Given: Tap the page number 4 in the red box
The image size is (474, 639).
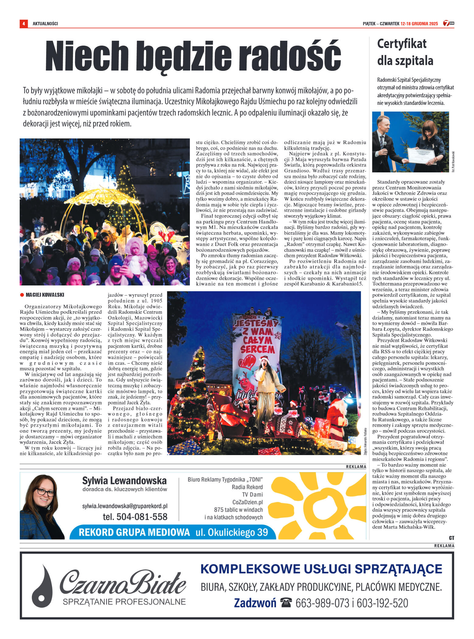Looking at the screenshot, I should (x=23, y=23).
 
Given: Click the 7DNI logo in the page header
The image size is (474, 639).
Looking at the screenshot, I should (x=448, y=23).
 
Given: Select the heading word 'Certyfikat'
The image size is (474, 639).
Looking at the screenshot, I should (x=402, y=44).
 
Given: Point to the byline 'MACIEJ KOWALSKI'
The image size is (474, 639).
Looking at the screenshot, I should (x=45, y=295).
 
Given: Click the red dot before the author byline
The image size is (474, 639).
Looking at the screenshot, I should (x=22, y=295).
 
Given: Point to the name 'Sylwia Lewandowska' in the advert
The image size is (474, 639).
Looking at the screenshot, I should (x=124, y=481).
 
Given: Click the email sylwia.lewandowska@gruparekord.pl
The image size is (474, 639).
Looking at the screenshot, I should (x=125, y=506).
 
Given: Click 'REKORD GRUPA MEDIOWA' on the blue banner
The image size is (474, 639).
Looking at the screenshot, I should (x=134, y=532).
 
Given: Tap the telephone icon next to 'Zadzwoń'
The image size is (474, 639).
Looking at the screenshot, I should (x=286, y=602).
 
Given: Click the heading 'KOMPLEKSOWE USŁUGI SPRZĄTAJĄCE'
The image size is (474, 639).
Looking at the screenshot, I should (x=321, y=569).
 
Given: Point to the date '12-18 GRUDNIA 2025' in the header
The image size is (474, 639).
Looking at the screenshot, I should (x=419, y=23).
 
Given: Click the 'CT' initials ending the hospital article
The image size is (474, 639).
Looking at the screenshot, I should (x=451, y=538).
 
